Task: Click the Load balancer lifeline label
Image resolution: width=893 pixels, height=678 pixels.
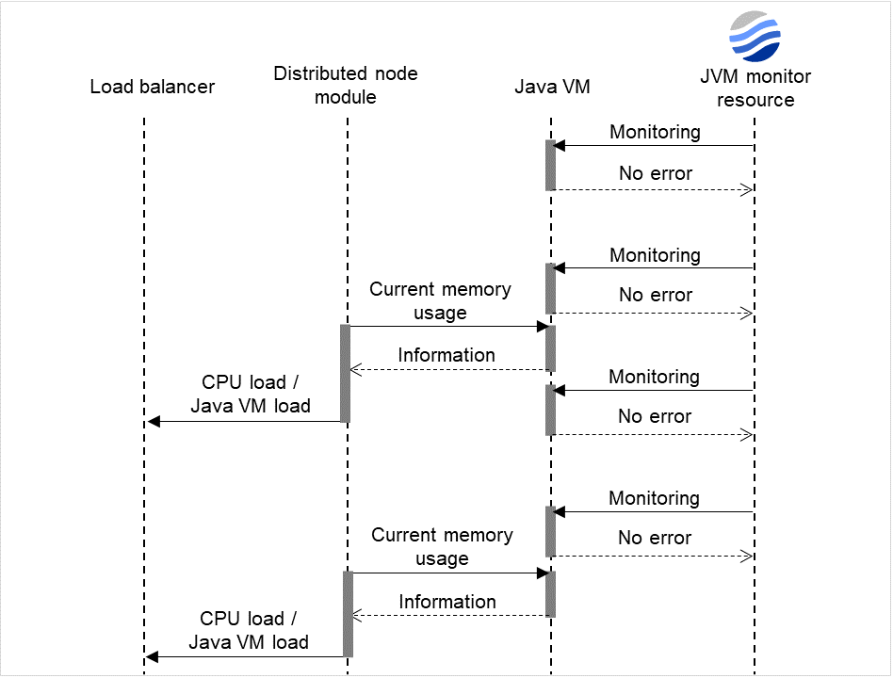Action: point(152,88)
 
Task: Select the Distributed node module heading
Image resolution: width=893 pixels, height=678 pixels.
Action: point(346,85)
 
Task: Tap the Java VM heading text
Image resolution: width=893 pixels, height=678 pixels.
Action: point(552,88)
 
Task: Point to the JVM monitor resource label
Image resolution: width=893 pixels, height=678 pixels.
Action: point(755,89)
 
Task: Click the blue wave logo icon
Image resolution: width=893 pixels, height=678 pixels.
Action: point(755,37)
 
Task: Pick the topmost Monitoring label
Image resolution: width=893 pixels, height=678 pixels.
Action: point(655,132)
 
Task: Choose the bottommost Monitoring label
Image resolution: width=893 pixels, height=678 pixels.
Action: point(654,498)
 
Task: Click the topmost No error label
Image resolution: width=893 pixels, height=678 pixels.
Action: point(655,173)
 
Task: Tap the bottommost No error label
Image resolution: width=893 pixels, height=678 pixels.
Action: point(655,538)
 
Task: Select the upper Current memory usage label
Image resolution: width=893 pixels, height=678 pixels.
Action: point(440,300)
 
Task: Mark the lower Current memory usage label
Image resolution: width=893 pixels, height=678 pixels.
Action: point(442,546)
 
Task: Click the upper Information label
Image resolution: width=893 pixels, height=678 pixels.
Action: point(446,355)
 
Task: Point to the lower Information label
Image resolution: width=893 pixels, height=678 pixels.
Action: point(447,602)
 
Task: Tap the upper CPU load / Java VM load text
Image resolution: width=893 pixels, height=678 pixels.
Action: point(251,395)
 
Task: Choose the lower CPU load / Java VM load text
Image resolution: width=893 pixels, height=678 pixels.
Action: point(249,630)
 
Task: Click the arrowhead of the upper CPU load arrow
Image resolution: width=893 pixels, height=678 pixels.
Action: point(154,422)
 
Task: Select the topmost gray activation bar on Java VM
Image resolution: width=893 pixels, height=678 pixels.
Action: point(550,166)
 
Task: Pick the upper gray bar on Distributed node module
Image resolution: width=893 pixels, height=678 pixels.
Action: point(346,374)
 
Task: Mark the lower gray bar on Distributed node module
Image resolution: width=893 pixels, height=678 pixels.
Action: point(348,614)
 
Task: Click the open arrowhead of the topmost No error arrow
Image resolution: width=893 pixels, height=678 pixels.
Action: point(748,190)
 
